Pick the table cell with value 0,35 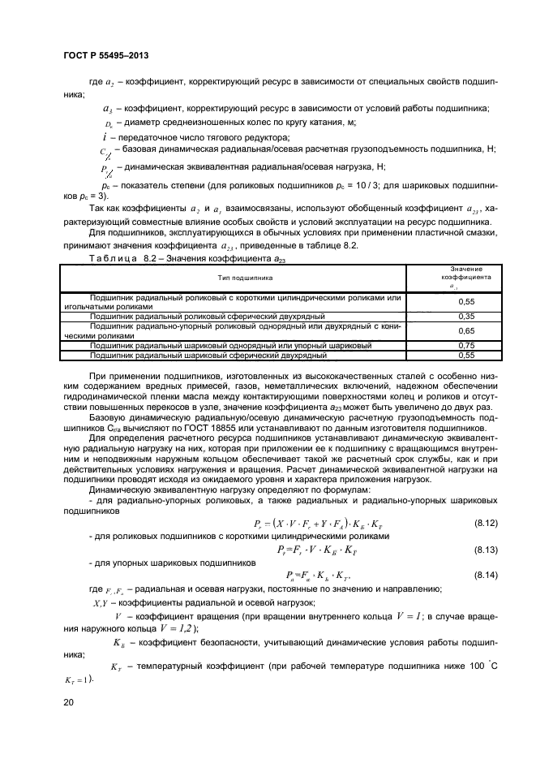tap(465, 316)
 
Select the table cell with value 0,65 tap(465, 330)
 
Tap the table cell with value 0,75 tap(465, 346)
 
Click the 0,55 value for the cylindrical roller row tap(465, 301)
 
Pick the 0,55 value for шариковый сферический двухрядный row tap(465, 355)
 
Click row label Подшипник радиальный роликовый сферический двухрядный tap(208, 316)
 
